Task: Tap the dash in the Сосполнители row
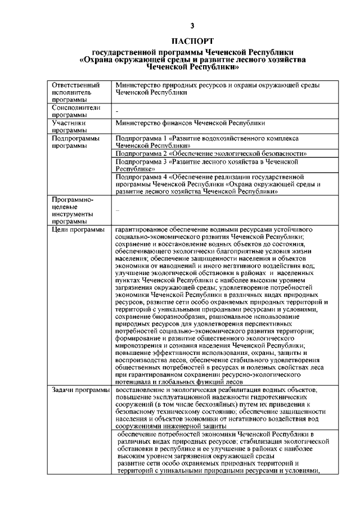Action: (x=117, y=113)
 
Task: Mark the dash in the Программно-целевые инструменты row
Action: (x=117, y=210)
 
